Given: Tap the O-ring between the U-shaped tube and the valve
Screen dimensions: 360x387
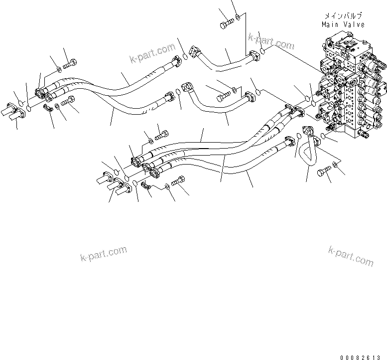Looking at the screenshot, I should click(324, 136).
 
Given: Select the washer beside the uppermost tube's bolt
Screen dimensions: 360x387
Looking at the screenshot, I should click(239, 18).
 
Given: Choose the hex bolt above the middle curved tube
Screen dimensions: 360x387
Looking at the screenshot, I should click(221, 93).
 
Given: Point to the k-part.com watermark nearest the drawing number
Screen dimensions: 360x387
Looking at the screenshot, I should click(351, 255).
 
